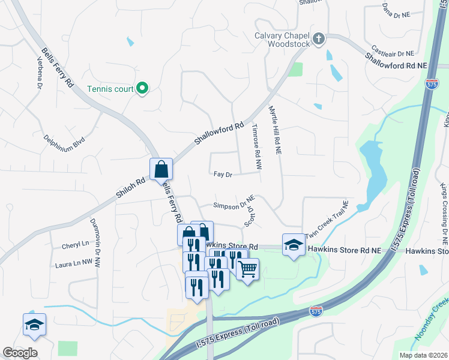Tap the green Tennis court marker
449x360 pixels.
pos(142,89)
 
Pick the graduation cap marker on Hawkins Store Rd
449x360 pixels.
pos(294,245)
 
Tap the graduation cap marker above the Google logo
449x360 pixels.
pos(34,325)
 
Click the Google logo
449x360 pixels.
pos(20,353)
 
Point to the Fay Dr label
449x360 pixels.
pos(223,175)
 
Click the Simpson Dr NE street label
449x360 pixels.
pos(235,204)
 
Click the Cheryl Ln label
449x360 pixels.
pos(75,245)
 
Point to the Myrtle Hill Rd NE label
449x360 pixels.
pos(275,131)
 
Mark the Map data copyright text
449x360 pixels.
pos(423,355)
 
